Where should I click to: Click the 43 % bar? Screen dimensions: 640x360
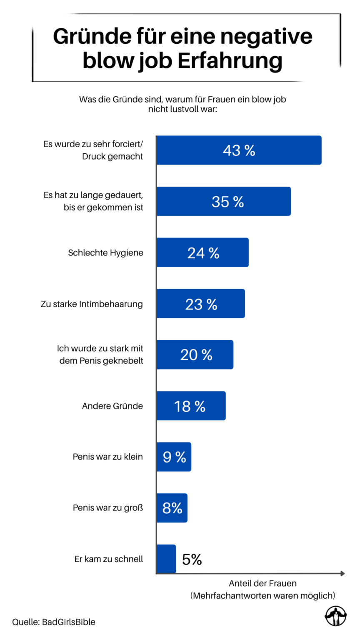[239, 150]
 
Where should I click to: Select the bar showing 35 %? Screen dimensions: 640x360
[224, 201]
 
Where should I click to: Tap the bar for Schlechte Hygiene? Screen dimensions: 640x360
[202, 252]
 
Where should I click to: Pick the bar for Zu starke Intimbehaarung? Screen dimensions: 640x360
[201, 304]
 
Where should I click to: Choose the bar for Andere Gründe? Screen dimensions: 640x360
[191, 406]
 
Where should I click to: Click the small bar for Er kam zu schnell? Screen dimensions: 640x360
[166, 559]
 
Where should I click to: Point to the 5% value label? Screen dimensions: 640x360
[192, 559]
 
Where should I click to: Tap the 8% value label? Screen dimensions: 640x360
[172, 508]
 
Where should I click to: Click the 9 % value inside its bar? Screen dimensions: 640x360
[174, 457]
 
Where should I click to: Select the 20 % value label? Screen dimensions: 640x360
[196, 355]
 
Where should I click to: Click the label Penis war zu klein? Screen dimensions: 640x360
[107, 457]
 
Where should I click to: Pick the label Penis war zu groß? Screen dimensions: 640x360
[107, 508]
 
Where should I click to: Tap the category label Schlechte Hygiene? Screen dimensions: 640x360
[105, 253]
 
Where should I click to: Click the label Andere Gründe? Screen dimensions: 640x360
[112, 406]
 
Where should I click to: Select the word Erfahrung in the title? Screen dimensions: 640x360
[230, 61]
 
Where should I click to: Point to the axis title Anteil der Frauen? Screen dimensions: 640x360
[262, 583]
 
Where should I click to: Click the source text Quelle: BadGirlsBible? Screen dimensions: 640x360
[54, 622]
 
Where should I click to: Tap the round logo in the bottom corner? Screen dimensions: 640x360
[335, 616]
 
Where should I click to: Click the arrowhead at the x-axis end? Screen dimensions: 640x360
[342, 574]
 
